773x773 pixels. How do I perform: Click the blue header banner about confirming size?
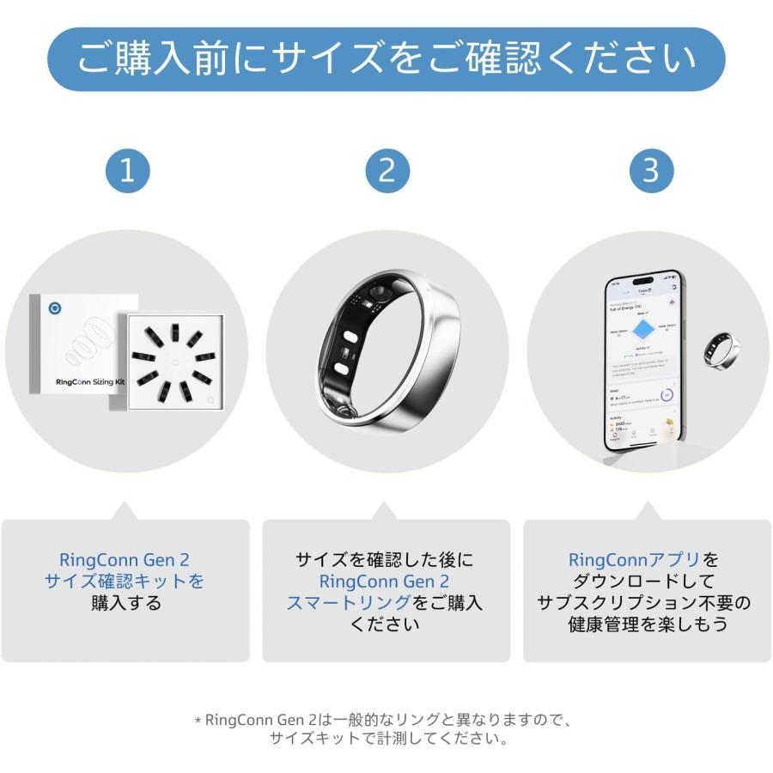coord(386,59)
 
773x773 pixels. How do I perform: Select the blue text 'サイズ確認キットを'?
coord(125,581)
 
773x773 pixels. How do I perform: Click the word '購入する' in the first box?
coord(125,603)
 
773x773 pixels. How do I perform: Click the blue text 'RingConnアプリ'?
coord(634,560)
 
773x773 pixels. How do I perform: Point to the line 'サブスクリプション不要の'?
coord(644,603)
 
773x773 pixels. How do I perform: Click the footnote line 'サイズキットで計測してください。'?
coord(386,738)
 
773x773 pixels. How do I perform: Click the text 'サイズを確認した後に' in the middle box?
coord(384,560)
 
